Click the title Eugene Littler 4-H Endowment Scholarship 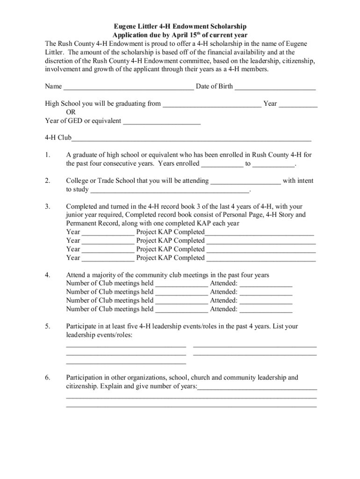tap(180, 27)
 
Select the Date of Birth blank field tap(275, 87)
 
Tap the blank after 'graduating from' tap(212, 104)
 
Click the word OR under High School tap(71, 112)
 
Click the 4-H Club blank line tap(191, 139)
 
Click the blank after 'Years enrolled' tap(222, 164)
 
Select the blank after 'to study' tap(170, 190)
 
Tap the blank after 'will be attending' tap(246, 181)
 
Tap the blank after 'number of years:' tap(257, 387)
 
